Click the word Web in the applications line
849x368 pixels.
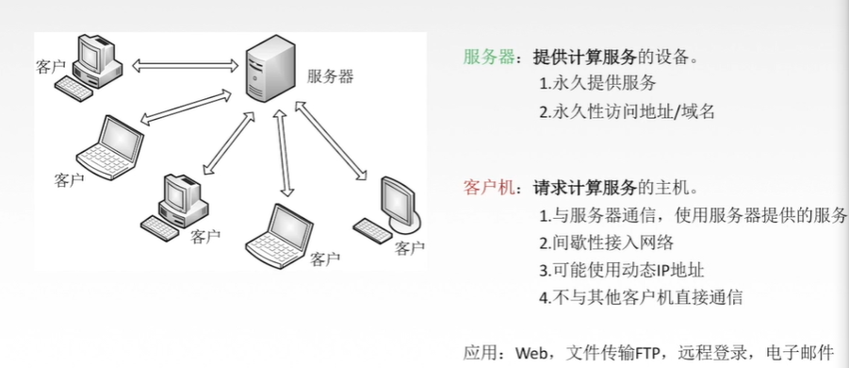click(x=524, y=354)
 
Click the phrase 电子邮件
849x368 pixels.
click(x=800, y=354)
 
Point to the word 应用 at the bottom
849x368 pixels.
click(x=479, y=354)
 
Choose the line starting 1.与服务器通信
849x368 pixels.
click(x=694, y=214)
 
